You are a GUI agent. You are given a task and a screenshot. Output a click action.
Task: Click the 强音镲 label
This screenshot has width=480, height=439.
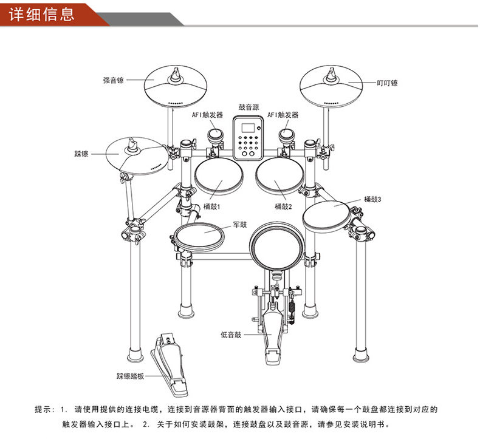click(x=114, y=80)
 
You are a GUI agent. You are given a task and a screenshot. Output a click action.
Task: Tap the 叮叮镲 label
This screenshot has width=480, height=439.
click(x=387, y=83)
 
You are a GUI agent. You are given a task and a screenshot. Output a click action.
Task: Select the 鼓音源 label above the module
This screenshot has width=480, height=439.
click(x=248, y=107)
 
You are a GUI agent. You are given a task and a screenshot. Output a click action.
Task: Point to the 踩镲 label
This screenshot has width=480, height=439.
click(x=81, y=154)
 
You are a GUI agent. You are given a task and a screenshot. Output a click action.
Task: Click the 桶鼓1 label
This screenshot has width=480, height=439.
click(x=211, y=206)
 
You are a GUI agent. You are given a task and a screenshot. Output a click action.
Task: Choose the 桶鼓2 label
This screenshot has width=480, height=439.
click(x=283, y=206)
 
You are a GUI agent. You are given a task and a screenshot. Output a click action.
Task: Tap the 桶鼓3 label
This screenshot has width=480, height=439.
click(x=373, y=199)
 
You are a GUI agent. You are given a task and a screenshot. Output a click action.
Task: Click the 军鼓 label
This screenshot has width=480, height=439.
click(x=240, y=225)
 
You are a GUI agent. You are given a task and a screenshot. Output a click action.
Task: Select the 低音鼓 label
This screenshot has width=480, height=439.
click(x=231, y=334)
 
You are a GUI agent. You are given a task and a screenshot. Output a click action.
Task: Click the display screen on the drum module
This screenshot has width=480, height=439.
click(x=248, y=129)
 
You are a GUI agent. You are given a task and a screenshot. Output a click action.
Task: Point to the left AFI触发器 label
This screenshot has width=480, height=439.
click(x=208, y=115)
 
